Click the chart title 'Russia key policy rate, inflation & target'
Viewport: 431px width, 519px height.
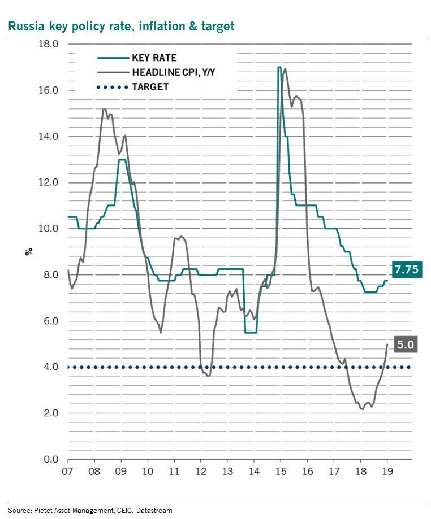click(120, 26)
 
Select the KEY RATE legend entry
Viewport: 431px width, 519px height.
click(154, 58)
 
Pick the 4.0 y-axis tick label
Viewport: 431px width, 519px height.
click(50, 367)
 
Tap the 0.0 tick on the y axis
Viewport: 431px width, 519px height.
click(50, 459)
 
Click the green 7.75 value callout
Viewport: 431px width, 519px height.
click(406, 271)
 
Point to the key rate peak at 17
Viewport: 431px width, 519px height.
click(279, 67)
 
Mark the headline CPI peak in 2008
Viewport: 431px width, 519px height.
click(105, 110)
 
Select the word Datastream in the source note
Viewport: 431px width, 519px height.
click(154, 510)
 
